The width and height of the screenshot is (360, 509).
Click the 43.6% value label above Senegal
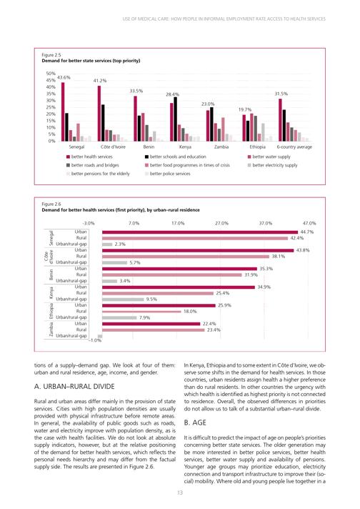click(x=64, y=78)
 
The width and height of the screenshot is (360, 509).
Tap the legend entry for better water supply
click(x=269, y=157)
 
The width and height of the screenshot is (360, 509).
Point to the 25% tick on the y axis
click(x=51, y=107)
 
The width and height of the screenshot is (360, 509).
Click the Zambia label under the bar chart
click(x=221, y=147)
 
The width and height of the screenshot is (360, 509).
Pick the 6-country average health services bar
click(x=280, y=120)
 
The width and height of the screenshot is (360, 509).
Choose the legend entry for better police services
click(x=167, y=174)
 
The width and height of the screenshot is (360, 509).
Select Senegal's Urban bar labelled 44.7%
click(x=200, y=232)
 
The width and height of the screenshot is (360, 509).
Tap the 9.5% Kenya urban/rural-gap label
click(x=151, y=300)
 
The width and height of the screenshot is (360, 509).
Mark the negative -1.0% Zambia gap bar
click(x=100, y=336)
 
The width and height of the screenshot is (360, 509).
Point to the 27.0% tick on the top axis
click(x=221, y=223)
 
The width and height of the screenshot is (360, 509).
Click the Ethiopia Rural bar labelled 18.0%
click(x=141, y=312)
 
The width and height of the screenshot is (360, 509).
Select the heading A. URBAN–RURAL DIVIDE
click(x=74, y=387)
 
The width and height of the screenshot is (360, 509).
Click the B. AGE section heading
click(x=195, y=422)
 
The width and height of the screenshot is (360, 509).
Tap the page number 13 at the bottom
click(x=180, y=493)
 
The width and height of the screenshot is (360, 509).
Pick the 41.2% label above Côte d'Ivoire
click(x=100, y=81)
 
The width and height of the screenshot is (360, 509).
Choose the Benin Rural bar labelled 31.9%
click(x=172, y=275)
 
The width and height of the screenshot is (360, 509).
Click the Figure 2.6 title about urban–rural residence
click(x=121, y=210)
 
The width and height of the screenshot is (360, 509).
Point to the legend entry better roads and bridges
click(x=92, y=165)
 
